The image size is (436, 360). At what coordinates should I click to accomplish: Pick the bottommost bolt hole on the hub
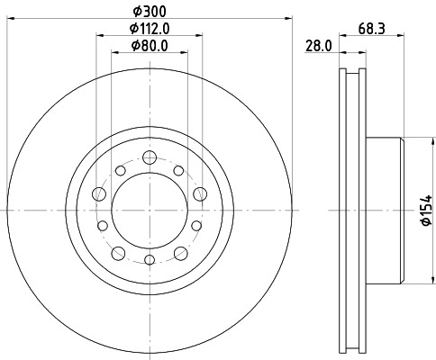point(149,260)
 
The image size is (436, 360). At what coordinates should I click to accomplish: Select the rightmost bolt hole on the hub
point(199,193)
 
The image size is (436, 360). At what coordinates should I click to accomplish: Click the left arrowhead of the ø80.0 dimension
point(114,53)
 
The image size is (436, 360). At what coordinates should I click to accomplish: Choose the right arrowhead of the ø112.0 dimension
point(199,36)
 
